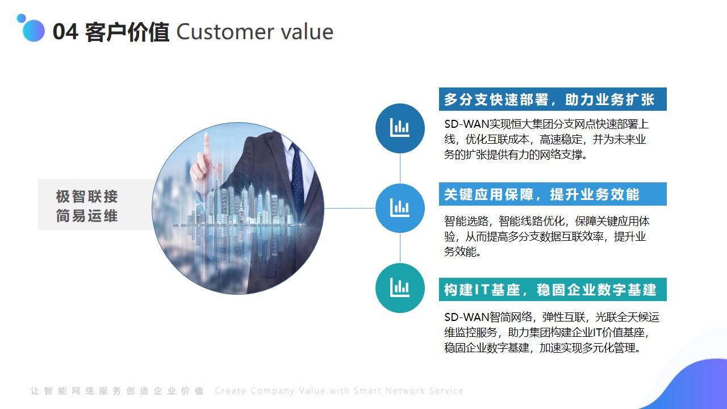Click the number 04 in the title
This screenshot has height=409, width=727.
[65, 32]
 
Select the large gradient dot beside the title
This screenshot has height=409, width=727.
[34, 31]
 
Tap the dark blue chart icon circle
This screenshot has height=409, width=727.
[400, 128]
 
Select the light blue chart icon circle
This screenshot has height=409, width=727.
[400, 208]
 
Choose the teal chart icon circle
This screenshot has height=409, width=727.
[400, 288]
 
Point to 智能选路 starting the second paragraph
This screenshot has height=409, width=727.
[466, 221]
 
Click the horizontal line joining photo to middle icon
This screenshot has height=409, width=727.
[349, 208]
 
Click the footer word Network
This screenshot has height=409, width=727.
[406, 390]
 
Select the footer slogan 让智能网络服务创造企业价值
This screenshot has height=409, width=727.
[117, 390]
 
